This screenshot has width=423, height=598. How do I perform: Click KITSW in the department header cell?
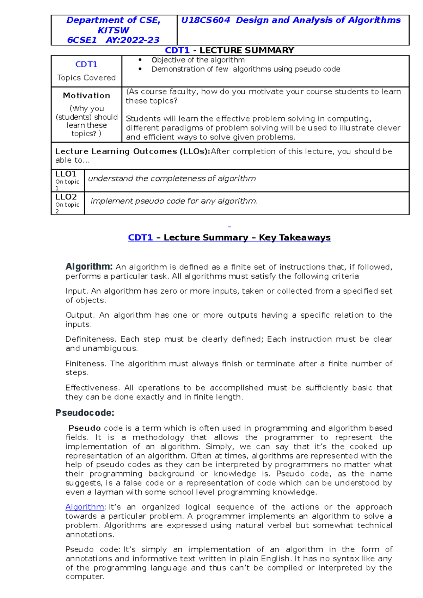pos(113,30)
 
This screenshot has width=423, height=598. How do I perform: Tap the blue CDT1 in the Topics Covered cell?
pos(86,64)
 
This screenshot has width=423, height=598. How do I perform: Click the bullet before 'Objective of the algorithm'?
pos(140,60)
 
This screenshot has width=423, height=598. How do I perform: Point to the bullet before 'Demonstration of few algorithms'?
pos(140,69)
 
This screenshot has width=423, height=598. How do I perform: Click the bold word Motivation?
pos(86,95)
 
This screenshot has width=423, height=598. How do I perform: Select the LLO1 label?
pos(66,174)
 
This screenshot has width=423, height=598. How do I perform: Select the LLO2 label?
pos(66,197)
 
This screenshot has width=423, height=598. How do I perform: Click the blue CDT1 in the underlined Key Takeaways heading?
pos(140,238)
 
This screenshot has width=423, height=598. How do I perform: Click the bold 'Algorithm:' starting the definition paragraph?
pos(89,267)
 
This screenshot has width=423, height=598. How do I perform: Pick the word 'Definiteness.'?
pos(91,339)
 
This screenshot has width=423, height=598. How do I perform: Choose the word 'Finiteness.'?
pos(86,363)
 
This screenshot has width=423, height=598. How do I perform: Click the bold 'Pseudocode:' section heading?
pos(85,413)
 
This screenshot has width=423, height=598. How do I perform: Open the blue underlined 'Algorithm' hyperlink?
pos(85,507)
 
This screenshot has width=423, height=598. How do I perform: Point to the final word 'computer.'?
pos(85,577)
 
